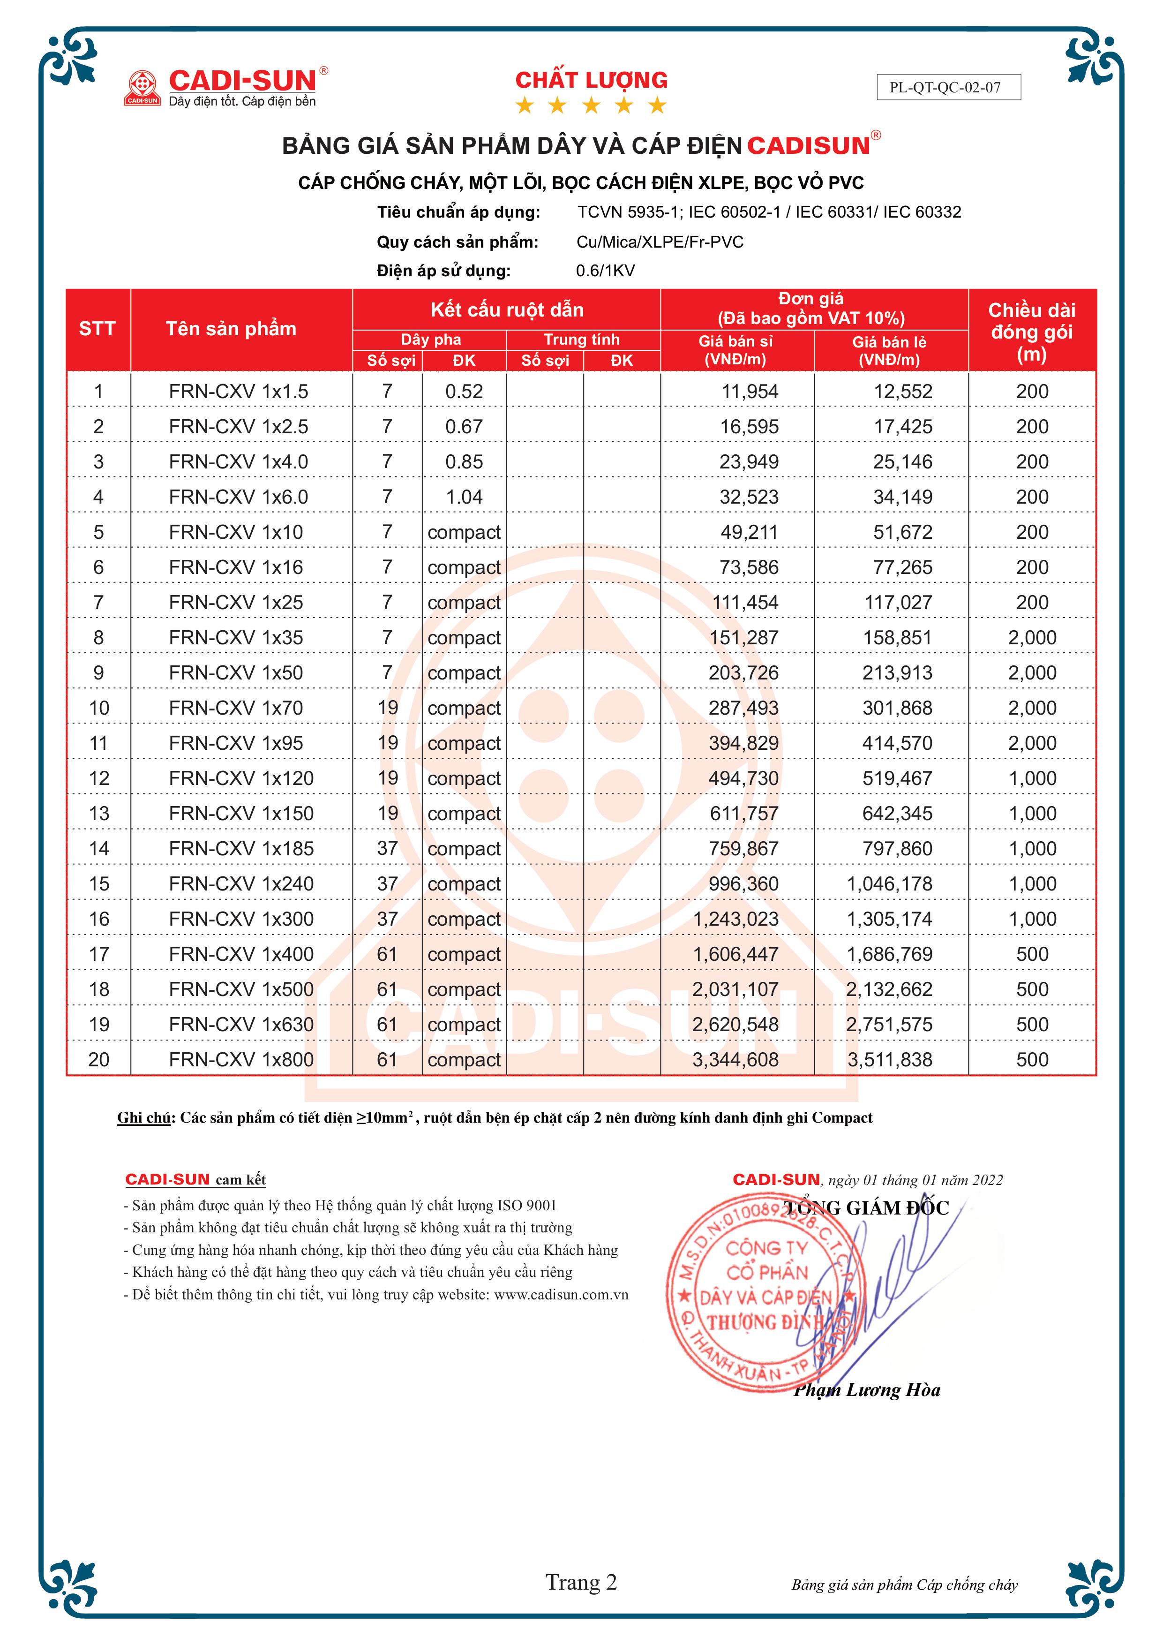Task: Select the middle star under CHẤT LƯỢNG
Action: (591, 106)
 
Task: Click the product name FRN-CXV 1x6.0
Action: (239, 497)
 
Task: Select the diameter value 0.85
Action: (464, 461)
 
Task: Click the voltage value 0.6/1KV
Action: (605, 271)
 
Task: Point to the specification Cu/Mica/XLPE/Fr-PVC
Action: (660, 242)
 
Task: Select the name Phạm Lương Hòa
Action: (867, 1390)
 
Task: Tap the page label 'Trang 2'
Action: (581, 1582)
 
